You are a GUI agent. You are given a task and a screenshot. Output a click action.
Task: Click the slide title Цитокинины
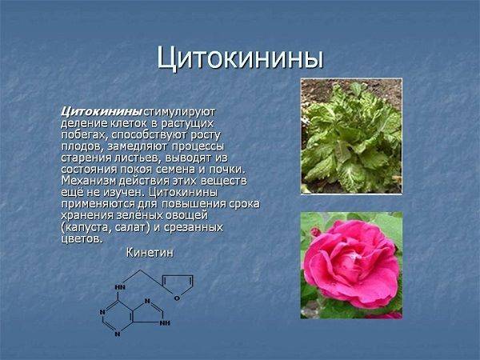[240, 58]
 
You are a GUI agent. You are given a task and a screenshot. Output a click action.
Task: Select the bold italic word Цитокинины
[102, 112]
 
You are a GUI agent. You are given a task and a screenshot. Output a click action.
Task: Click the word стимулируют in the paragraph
[180, 112]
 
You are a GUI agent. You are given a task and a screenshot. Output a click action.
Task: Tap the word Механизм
[89, 181]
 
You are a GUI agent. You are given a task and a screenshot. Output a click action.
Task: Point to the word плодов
[82, 146]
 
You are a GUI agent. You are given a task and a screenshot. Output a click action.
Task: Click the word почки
[227, 170]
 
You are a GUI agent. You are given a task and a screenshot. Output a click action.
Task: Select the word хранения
[87, 215]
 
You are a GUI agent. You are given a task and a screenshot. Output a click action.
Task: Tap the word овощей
[186, 215]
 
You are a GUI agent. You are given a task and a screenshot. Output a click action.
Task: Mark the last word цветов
[82, 238]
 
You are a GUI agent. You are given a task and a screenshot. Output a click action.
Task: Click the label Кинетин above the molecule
[150, 253]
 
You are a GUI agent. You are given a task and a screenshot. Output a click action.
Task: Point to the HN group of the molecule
[120, 287]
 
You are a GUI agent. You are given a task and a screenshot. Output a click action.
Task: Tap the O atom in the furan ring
[177, 298]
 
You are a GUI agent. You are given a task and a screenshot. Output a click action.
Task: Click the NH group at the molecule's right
[165, 323]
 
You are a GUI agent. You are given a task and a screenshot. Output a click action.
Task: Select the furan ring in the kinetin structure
[178, 287]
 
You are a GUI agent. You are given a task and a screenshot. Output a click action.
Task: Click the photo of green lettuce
[351, 136]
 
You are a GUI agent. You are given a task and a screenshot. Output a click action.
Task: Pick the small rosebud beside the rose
[315, 232]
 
